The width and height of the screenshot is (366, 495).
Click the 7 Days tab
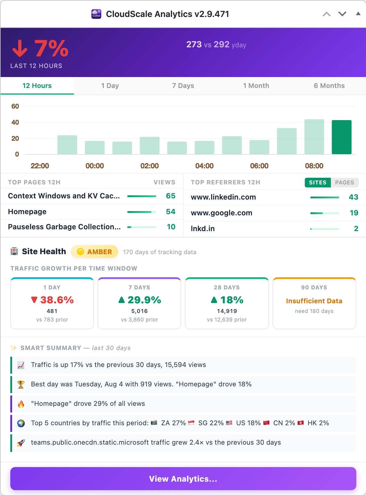click(x=183, y=86)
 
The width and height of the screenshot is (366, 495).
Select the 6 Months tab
click(x=329, y=86)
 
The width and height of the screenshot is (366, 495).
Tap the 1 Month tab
click(x=256, y=86)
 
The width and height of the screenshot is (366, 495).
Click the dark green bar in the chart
click(x=341, y=137)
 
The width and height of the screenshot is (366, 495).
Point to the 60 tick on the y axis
click(x=15, y=106)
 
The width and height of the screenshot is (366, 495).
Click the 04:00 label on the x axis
click(x=204, y=166)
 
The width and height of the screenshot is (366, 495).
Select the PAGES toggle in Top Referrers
click(x=344, y=182)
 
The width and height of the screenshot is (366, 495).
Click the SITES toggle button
click(x=318, y=182)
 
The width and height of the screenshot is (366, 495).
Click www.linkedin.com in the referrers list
click(x=223, y=197)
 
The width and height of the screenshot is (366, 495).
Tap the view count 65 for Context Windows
click(x=171, y=196)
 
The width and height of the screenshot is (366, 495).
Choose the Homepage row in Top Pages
click(x=92, y=212)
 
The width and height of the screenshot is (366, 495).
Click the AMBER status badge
click(x=94, y=252)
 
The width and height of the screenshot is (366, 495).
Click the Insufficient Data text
click(x=314, y=301)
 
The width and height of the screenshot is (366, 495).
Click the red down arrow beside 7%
click(x=20, y=48)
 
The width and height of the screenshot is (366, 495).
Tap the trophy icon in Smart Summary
click(x=21, y=384)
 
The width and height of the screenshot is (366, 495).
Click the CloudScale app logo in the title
click(x=96, y=14)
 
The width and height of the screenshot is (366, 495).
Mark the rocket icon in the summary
click(x=21, y=443)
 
